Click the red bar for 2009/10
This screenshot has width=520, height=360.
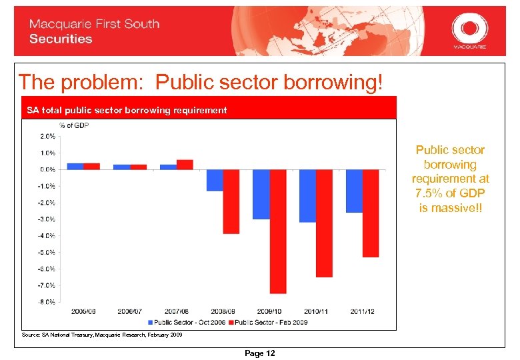(x=278, y=231)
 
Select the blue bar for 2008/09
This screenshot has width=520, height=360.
(x=215, y=180)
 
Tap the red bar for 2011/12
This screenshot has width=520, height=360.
(x=371, y=213)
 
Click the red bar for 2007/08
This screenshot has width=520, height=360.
(x=185, y=165)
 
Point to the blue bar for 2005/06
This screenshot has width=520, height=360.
(x=75, y=166)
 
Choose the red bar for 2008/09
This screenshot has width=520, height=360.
(x=231, y=201)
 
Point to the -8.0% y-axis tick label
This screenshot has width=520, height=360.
(x=47, y=302)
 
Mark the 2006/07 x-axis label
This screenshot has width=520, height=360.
(x=130, y=311)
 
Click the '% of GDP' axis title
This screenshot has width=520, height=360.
(x=74, y=125)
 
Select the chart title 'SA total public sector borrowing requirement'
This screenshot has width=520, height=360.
(x=127, y=110)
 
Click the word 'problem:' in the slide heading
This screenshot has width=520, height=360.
(x=105, y=82)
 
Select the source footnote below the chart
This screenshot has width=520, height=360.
(x=102, y=335)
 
